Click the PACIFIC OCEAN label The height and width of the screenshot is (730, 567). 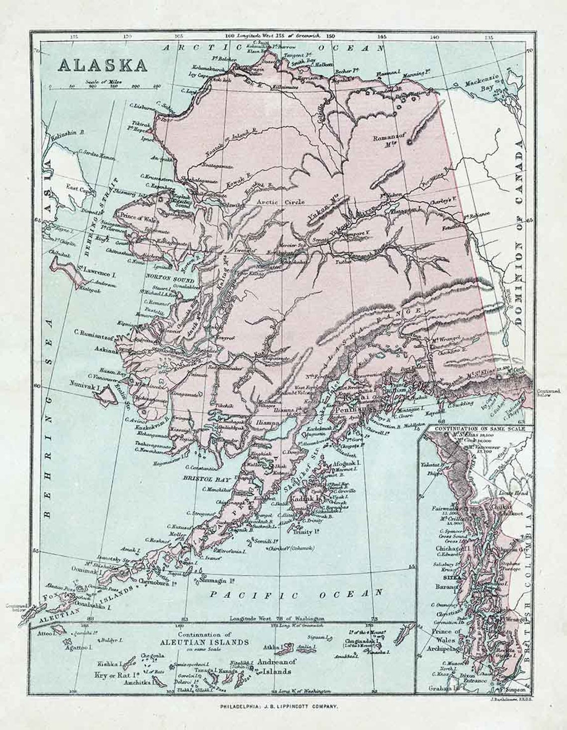point(297,593)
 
